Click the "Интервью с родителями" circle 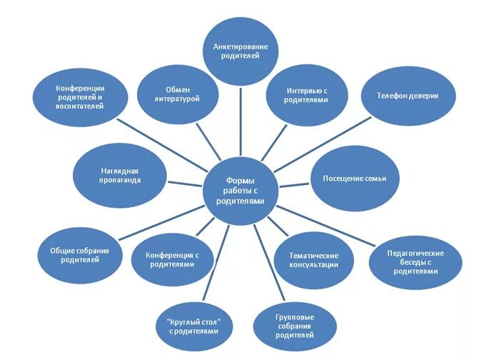tap(307, 96)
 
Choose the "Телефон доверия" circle tap(408, 95)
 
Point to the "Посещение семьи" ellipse tap(355, 179)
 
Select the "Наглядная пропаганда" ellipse tap(120, 176)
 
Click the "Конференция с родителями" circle tap(171, 259)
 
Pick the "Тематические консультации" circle tap(313, 260)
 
